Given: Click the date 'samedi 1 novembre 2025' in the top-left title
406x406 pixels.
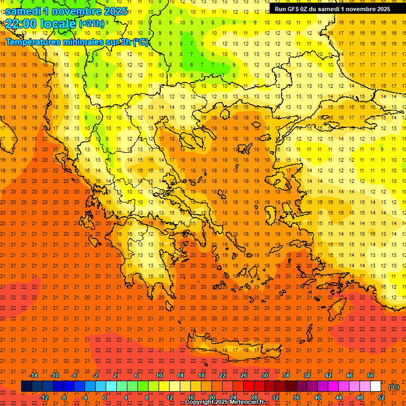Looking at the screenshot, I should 66,11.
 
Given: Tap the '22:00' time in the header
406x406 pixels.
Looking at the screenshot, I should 22,23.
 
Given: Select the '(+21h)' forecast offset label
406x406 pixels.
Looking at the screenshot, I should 91,24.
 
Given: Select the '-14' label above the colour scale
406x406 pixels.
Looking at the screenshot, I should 33,375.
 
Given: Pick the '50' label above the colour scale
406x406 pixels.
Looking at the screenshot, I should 371,375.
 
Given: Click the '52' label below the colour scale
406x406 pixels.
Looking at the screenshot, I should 381,398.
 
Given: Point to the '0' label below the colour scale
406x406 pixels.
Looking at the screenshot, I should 105,398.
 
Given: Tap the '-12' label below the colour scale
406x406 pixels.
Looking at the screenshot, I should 44,398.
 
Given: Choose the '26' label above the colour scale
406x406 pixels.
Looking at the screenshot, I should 244,375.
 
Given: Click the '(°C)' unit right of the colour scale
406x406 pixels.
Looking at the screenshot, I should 393,387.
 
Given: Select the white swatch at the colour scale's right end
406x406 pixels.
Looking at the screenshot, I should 376,386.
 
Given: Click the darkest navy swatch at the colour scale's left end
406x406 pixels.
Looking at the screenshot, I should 26,386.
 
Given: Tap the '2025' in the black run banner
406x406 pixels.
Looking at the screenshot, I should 382,9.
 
